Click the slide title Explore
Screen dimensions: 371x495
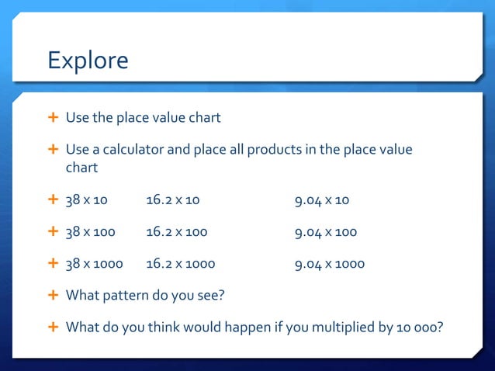[x=88, y=60]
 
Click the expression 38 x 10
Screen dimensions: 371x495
[x=86, y=200]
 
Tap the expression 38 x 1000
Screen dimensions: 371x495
[x=94, y=264]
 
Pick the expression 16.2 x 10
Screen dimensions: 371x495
[x=172, y=200]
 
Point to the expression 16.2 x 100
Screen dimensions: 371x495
[x=176, y=232]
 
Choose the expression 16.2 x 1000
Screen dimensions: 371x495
[x=180, y=264]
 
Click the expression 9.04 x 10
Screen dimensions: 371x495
[x=321, y=200]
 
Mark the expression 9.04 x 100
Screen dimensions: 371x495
[x=325, y=232]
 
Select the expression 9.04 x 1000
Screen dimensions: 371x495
[x=329, y=264]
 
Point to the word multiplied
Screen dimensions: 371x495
[x=342, y=327]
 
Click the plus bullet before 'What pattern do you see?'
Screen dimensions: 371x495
[x=53, y=296]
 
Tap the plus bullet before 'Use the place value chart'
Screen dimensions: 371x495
[x=53, y=117]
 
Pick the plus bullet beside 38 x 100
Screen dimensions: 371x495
[x=53, y=232]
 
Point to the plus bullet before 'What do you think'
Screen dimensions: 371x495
[x=53, y=327]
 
